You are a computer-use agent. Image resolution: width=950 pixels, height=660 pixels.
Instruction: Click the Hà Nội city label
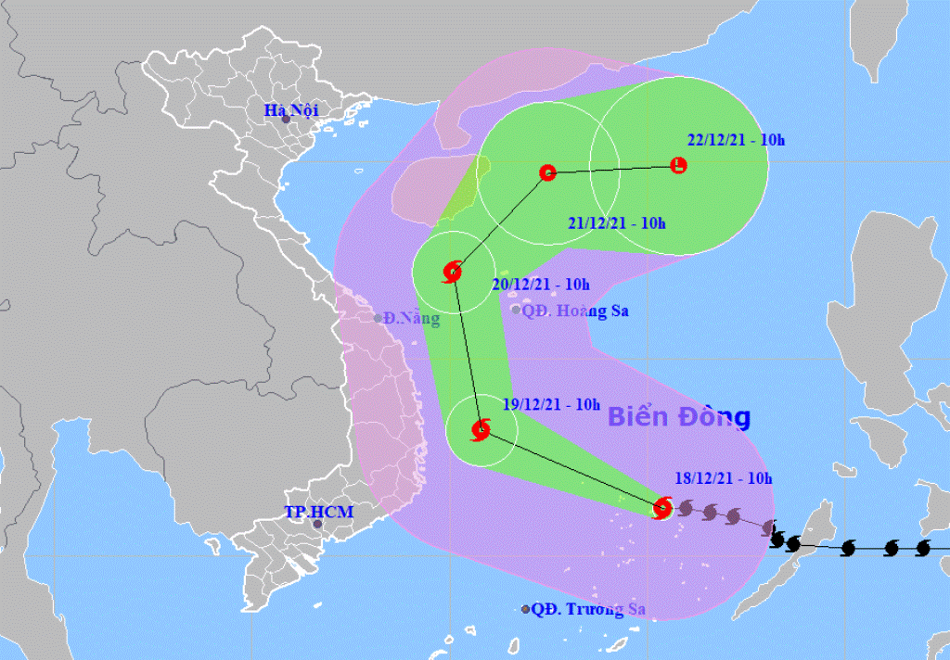click(290, 110)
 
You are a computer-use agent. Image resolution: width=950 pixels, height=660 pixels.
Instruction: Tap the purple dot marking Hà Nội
click(287, 120)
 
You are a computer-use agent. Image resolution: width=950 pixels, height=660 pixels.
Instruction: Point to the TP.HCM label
click(312, 512)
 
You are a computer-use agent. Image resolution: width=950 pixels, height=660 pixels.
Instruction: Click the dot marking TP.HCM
click(317, 525)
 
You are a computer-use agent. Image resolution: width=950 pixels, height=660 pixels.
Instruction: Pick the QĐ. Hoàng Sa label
click(575, 311)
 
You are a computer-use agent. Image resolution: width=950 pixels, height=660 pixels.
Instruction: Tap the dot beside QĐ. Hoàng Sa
click(516, 310)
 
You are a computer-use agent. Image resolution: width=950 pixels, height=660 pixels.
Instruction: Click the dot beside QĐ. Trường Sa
click(526, 609)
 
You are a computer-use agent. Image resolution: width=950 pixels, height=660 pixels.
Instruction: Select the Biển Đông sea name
click(678, 417)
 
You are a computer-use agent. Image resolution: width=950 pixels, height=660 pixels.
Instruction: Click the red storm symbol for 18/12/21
click(662, 507)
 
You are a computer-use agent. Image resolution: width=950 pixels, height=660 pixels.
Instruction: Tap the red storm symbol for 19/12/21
click(481, 430)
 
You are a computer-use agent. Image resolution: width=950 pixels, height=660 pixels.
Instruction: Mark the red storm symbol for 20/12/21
click(452, 272)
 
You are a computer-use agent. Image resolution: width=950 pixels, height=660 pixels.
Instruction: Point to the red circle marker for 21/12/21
click(547, 172)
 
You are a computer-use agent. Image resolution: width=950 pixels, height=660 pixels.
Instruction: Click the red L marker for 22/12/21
click(678, 166)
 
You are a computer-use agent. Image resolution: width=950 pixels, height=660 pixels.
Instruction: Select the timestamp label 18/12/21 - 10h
click(724, 478)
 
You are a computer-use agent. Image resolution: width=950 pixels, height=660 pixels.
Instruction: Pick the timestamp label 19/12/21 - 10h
click(551, 404)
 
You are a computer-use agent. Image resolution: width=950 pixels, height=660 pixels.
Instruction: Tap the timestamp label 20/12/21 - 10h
click(541, 285)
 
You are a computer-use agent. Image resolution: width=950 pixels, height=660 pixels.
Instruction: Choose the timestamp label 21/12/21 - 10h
click(617, 222)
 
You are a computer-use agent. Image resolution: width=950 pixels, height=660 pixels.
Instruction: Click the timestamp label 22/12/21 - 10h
click(737, 141)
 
